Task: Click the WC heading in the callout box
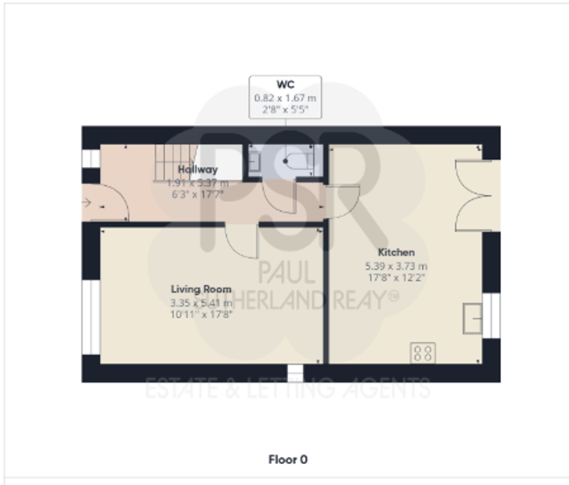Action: click(x=285, y=84)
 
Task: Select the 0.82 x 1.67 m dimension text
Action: click(x=285, y=98)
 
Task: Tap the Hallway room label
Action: click(x=198, y=169)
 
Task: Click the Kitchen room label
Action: click(x=396, y=252)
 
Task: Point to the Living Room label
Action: click(x=201, y=289)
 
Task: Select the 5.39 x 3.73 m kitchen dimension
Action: click(x=396, y=266)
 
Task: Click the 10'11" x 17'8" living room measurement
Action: click(x=201, y=314)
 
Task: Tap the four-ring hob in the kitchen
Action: click(x=423, y=353)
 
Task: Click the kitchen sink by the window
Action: click(x=472, y=318)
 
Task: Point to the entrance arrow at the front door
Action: click(x=86, y=203)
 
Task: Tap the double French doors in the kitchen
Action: click(x=472, y=196)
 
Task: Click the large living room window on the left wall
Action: click(x=90, y=317)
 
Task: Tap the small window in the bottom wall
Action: click(x=295, y=373)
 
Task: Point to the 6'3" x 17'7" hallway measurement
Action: click(x=198, y=194)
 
